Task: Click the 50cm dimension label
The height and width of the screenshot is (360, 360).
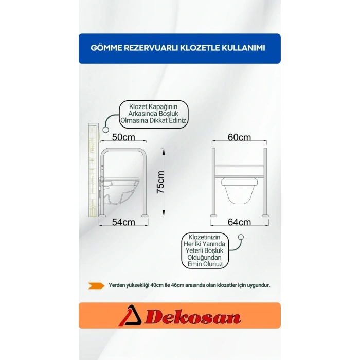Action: (x=123, y=137)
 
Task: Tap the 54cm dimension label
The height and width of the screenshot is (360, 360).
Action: (x=123, y=222)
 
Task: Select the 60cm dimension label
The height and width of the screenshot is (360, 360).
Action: (x=239, y=137)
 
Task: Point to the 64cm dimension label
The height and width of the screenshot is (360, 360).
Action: (x=239, y=222)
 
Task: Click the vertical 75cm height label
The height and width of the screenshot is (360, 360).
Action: (x=160, y=182)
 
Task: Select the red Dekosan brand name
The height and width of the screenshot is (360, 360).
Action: (x=193, y=318)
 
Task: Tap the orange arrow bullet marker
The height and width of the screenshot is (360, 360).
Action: (x=96, y=285)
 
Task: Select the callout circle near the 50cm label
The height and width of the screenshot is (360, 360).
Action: (x=105, y=130)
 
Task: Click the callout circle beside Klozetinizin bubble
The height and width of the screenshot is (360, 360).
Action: (x=241, y=237)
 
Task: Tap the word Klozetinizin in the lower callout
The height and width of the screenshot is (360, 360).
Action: (x=204, y=237)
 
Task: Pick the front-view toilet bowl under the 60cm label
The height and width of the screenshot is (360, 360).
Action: (x=239, y=190)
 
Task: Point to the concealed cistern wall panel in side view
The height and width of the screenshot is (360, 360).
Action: (x=93, y=170)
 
